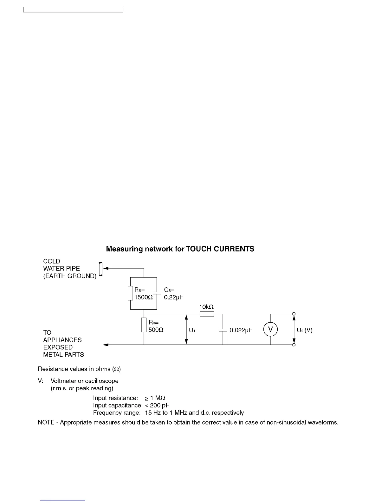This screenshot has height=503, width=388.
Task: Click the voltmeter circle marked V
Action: pyautogui.click(x=270, y=330)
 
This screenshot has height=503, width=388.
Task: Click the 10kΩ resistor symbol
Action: pyautogui.click(x=207, y=314)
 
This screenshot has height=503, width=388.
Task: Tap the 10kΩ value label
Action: pyautogui.click(x=206, y=307)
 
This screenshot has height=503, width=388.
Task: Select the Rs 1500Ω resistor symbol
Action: pyautogui.click(x=130, y=293)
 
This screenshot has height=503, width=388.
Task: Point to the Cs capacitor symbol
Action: pyautogui.click(x=157, y=293)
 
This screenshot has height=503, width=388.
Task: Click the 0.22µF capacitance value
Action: pyautogui.click(x=173, y=298)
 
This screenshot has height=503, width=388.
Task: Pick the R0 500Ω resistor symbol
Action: pyautogui.click(x=144, y=325)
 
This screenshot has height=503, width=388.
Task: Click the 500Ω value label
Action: pyautogui.click(x=156, y=330)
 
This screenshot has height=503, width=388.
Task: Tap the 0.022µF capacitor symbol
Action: pyautogui.click(x=223, y=330)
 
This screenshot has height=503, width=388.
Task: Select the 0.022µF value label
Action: pyautogui.click(x=241, y=330)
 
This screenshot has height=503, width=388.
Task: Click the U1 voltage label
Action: pyautogui.click(x=192, y=330)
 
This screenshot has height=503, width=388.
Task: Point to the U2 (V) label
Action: pyautogui.click(x=305, y=330)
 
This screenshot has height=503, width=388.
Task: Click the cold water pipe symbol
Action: pyautogui.click(x=100, y=269)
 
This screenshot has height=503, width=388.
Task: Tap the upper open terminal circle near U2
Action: pyautogui.click(x=294, y=314)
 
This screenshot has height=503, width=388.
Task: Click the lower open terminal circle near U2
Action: pyautogui.click(x=294, y=345)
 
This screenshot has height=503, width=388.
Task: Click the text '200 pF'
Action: pyautogui.click(x=160, y=406)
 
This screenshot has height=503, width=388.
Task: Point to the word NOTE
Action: pyautogui.click(x=46, y=423)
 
